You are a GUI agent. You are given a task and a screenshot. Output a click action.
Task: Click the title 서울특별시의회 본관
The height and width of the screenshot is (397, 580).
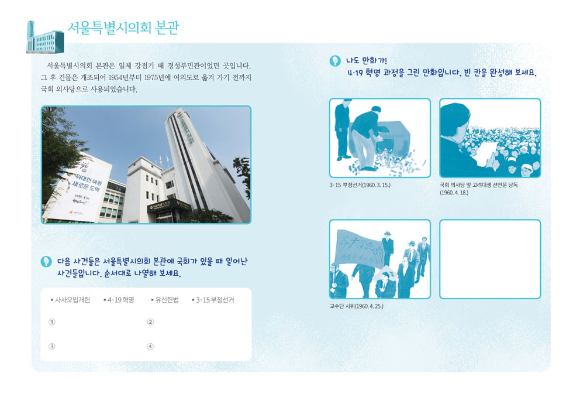point(123,28)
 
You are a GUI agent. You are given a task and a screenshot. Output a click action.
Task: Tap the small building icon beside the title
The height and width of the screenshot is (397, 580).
point(44,37)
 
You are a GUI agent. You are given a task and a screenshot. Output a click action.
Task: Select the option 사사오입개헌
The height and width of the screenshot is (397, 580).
point(71,300)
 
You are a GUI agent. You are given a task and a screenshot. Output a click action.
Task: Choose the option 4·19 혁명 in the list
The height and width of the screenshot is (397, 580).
point(120,300)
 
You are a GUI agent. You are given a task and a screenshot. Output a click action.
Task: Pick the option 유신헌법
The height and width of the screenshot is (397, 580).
point(166,300)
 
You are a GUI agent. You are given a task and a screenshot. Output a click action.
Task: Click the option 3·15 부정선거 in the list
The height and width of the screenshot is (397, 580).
point(214,300)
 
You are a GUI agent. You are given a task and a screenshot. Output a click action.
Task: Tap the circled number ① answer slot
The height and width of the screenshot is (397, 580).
point(52,322)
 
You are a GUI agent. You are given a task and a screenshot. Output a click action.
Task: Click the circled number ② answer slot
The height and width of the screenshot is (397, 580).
point(150,322)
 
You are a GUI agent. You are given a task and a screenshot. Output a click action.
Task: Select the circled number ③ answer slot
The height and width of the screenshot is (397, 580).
point(52,346)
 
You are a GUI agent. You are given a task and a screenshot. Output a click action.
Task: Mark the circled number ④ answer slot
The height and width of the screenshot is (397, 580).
point(150,346)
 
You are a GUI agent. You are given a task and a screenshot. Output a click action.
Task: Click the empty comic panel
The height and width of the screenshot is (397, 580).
point(489,259)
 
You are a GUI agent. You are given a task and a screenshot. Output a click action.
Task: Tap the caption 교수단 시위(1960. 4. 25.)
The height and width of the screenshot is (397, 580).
point(356,306)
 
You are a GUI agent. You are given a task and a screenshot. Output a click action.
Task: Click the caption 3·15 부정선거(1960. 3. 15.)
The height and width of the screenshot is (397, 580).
point(360,185)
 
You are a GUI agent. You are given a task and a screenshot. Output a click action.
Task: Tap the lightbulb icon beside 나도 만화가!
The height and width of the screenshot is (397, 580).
point(335,60)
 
